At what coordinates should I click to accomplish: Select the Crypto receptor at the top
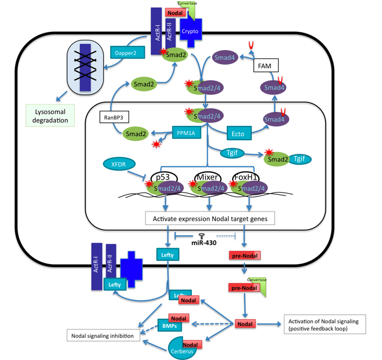(190, 31)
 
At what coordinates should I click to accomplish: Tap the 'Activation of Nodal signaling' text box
(322, 324)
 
